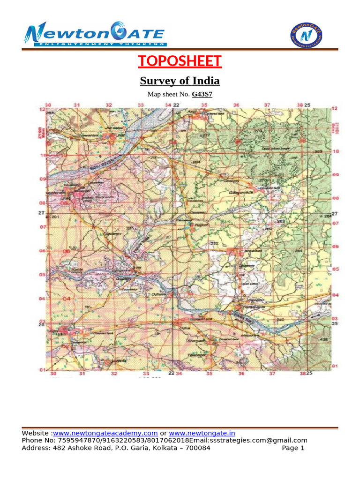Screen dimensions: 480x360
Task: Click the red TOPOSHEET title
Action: (180, 61)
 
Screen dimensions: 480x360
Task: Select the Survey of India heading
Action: (180, 81)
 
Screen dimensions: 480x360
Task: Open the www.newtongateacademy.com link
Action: (105, 433)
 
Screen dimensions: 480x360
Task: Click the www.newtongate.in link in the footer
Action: (202, 433)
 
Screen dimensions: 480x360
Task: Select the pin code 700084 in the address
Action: (195, 448)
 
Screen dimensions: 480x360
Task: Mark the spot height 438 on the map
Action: (323, 338)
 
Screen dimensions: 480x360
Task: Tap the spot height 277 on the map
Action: (206, 135)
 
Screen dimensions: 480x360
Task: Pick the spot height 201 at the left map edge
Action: (55, 217)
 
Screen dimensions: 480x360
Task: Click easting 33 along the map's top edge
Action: (141, 105)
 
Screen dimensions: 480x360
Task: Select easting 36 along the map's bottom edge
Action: (241, 374)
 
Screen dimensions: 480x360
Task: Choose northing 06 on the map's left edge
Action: (42, 251)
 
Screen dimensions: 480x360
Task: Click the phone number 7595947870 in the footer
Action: (75, 440)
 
